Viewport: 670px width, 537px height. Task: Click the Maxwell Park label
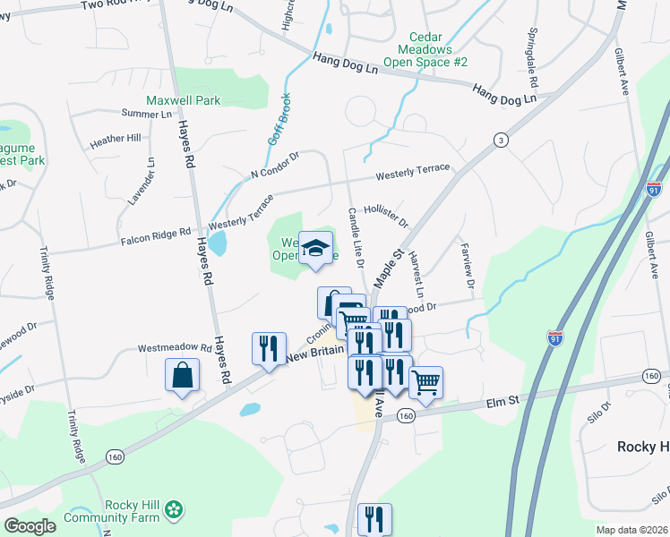point(184,101)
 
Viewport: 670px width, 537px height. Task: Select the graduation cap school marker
point(315,250)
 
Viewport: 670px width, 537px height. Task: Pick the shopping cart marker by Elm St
point(426,382)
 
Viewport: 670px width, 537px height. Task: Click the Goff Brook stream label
point(279,119)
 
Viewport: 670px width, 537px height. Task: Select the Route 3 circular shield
point(501,140)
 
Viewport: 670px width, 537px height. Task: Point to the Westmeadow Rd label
point(174,347)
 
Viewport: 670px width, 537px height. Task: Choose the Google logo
point(29,525)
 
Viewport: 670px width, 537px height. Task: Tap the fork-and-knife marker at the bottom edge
point(374,519)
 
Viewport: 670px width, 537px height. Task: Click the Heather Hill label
point(116,139)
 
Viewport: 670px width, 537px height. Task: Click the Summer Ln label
point(146,115)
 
